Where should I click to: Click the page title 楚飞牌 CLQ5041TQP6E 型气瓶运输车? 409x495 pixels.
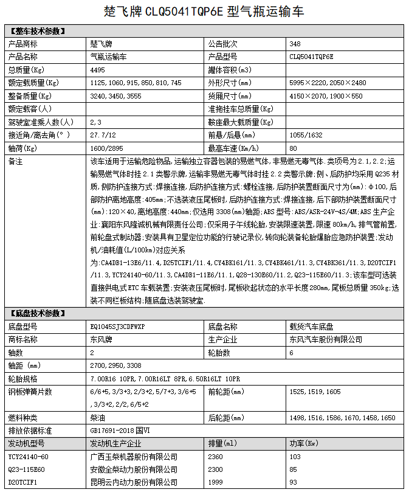(x=205, y=12)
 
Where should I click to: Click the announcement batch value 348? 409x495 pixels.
(x=295, y=44)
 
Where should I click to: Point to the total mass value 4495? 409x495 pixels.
(x=97, y=70)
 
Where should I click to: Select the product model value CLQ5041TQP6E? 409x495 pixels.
(x=312, y=57)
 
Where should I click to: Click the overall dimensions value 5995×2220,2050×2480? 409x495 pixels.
(x=328, y=83)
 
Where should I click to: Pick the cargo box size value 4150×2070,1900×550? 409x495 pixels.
(x=326, y=96)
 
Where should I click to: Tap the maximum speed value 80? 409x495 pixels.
(x=294, y=148)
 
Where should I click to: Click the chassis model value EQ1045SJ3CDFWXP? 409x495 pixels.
(x=118, y=327)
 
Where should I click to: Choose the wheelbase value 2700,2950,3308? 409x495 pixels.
(x=115, y=365)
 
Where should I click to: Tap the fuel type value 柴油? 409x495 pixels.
(x=96, y=418)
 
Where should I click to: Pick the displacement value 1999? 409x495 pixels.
(x=216, y=482)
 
